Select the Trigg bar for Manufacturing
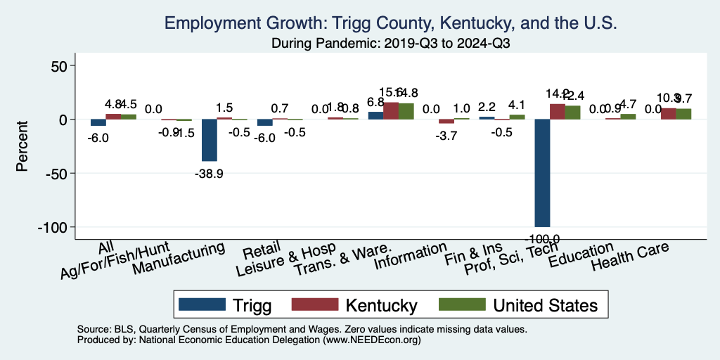[210, 140]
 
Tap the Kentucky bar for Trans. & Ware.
[391, 111]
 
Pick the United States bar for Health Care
[683, 114]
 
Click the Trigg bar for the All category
[98, 122]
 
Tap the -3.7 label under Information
[446, 136]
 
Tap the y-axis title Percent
[22, 147]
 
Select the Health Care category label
[630, 256]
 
